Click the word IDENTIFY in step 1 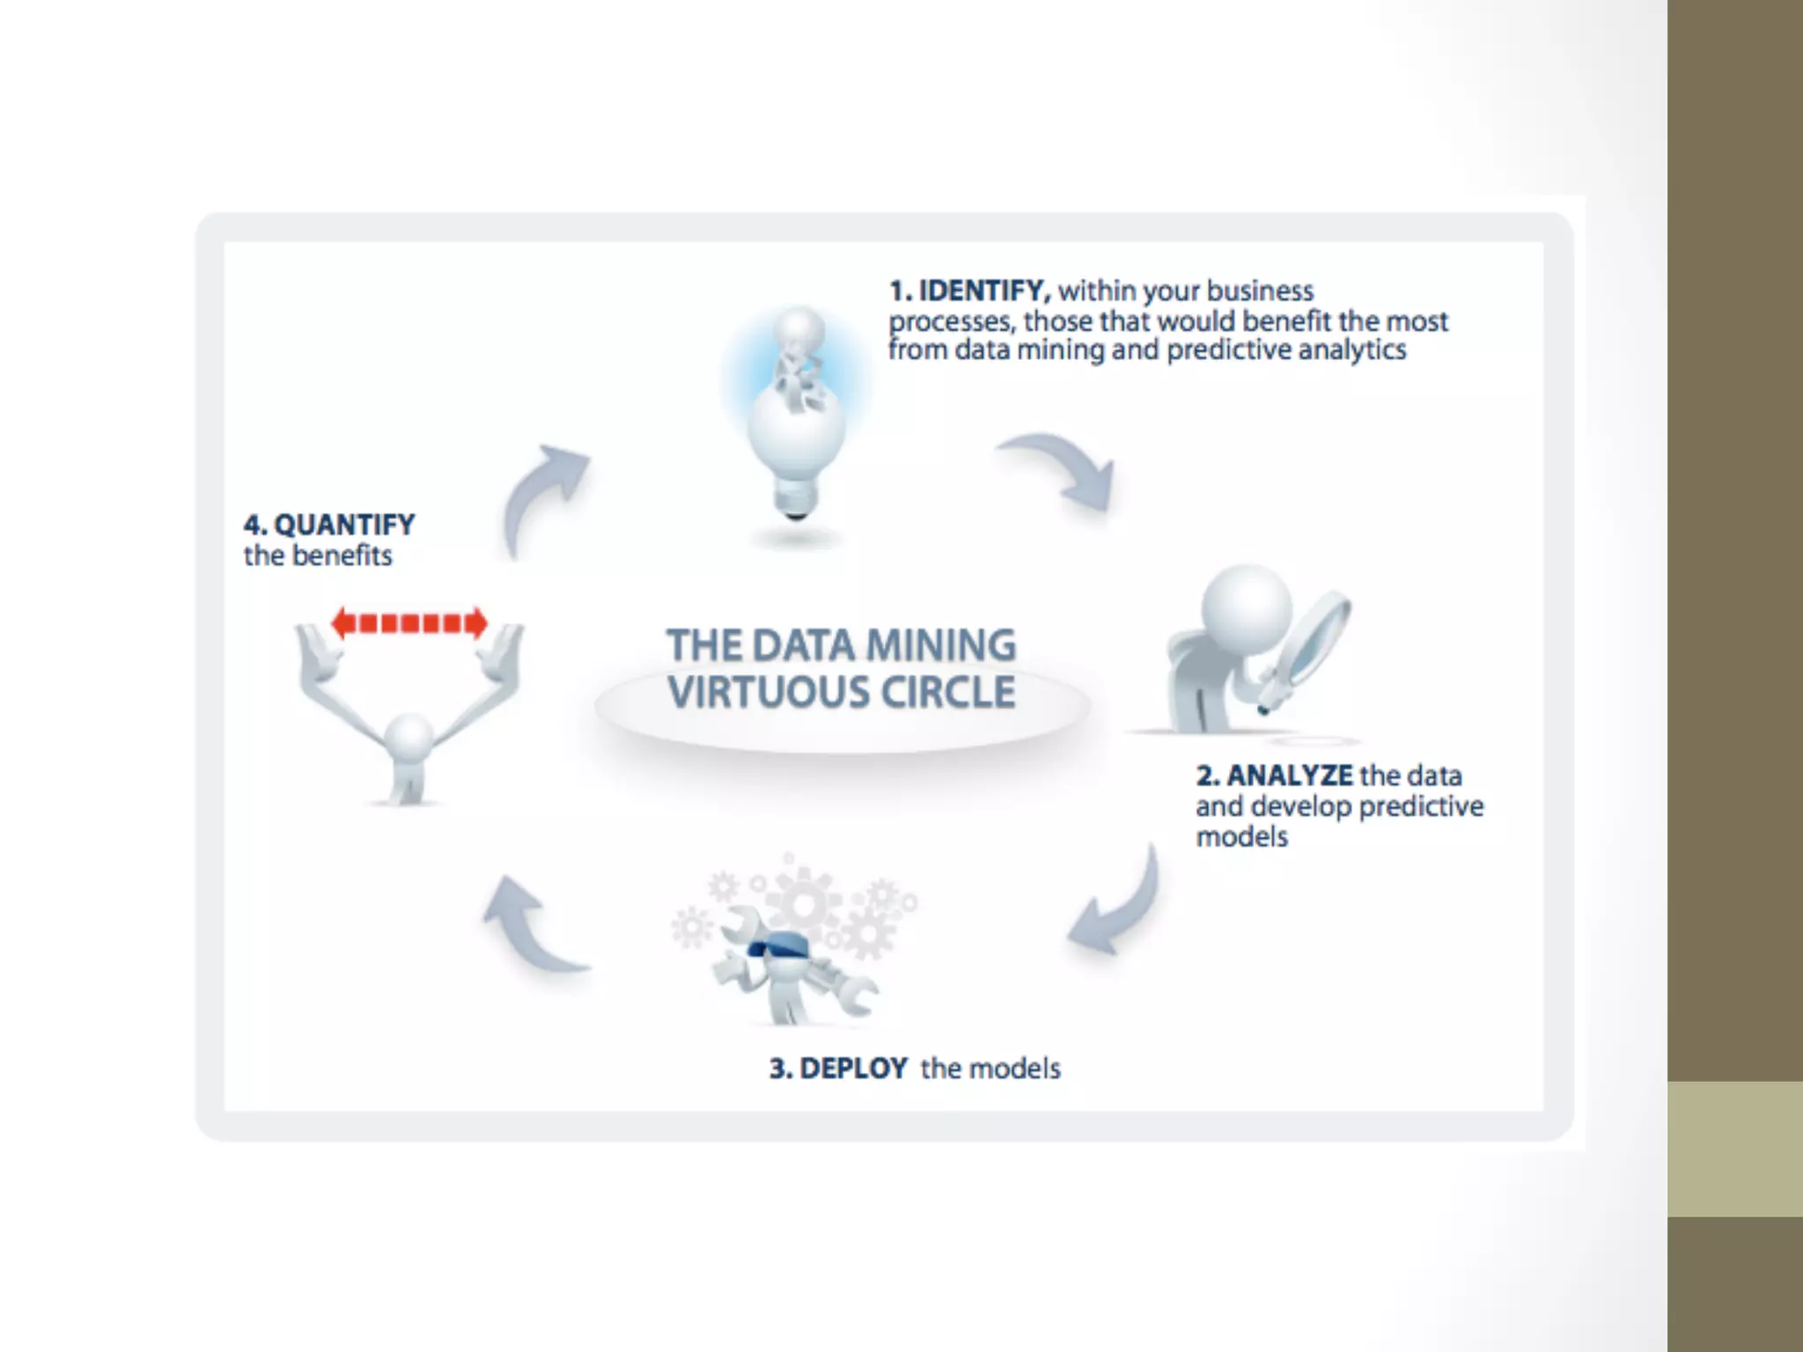[x=984, y=290]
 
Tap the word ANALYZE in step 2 [x=1290, y=775]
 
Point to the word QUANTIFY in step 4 [x=344, y=525]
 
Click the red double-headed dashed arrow [x=409, y=623]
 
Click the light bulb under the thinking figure [x=797, y=449]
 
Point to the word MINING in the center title [x=940, y=645]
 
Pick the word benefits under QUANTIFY [x=342, y=556]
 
